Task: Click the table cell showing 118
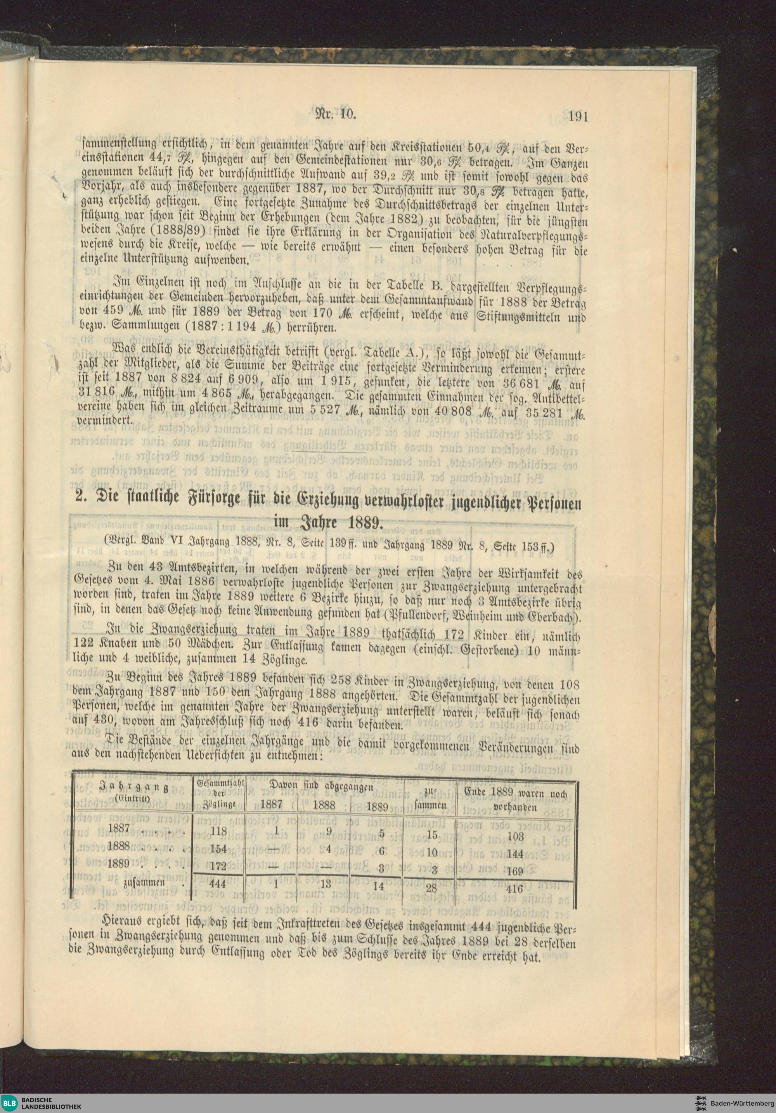pyautogui.click(x=219, y=831)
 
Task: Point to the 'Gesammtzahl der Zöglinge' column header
pyautogui.click(x=220, y=794)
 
